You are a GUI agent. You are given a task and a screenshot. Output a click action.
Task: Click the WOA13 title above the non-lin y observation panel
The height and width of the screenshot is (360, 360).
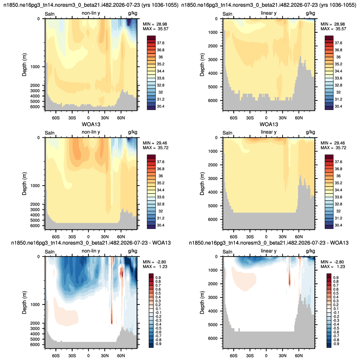point(91,125)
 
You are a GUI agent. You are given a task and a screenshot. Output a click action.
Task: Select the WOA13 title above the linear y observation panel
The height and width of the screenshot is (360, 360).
point(269,125)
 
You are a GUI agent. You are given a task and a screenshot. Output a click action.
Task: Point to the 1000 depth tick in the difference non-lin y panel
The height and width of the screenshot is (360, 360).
point(35,305)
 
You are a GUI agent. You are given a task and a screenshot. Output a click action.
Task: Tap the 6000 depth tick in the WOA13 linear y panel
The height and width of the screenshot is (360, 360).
point(213,219)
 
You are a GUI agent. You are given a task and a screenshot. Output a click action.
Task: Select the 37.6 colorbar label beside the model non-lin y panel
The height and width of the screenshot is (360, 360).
point(161,43)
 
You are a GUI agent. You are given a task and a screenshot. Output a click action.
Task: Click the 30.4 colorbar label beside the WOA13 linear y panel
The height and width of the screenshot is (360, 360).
point(338,225)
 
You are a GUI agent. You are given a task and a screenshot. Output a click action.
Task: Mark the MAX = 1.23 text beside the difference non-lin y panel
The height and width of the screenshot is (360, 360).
point(155,267)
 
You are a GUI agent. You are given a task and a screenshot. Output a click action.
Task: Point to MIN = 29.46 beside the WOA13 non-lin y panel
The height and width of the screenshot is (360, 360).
point(155,143)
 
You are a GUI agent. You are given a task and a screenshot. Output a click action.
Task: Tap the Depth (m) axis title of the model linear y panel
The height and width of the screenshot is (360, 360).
point(202,65)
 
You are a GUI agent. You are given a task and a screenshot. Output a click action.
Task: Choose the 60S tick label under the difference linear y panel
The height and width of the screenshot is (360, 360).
point(234,356)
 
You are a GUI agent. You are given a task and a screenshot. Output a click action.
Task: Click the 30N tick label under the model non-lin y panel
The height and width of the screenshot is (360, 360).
point(105,118)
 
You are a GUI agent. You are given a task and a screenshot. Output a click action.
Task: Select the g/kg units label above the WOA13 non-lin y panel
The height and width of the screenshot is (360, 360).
point(133,132)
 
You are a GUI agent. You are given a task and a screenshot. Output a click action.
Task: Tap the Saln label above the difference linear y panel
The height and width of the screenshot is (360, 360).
point(228,252)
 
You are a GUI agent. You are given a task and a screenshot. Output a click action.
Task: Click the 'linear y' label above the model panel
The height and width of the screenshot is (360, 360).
point(269,13)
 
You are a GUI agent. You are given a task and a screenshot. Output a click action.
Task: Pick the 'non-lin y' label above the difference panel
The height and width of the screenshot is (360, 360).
point(91,251)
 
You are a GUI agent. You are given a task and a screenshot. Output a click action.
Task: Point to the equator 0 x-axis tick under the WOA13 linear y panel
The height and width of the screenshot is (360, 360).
point(266,237)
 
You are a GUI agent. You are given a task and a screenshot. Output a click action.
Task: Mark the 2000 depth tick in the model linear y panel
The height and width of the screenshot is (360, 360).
point(213,46)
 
